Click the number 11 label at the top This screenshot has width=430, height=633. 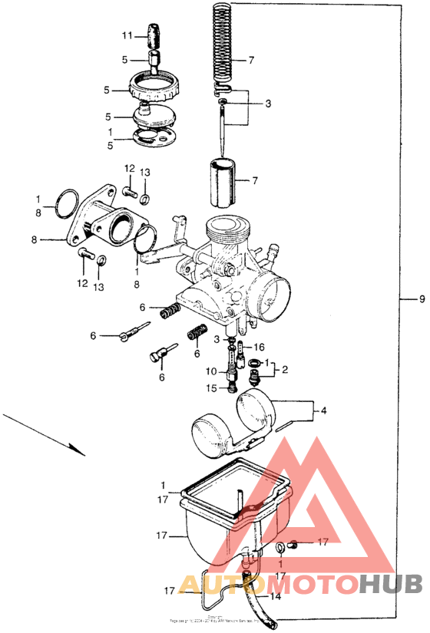(x=127, y=36)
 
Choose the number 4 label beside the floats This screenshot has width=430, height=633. (x=323, y=411)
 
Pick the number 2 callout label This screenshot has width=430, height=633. (x=284, y=369)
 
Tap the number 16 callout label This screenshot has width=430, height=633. (x=259, y=347)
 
